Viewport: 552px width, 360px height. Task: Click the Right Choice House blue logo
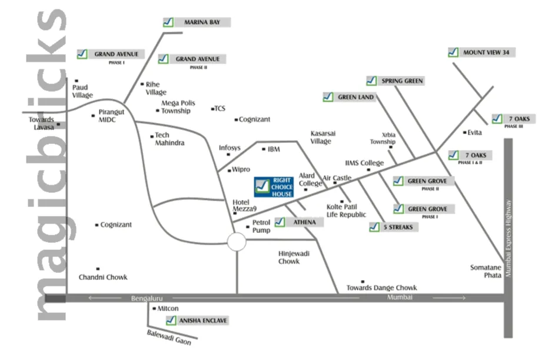[274, 187]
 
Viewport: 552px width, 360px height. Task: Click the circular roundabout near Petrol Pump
[237, 241]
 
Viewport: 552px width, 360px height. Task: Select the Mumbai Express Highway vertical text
[509, 238]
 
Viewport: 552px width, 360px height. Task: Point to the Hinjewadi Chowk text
[289, 257]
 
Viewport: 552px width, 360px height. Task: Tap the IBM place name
[274, 149]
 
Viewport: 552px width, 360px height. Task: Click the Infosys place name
[230, 148]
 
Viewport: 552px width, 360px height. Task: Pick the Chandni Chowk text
[103, 277]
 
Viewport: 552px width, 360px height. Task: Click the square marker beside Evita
[464, 132]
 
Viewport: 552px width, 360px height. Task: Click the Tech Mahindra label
[169, 139]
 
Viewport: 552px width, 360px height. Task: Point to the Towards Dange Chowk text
[381, 288]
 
